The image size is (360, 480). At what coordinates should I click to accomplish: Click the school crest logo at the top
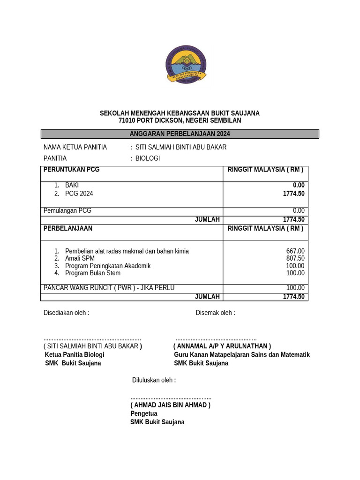point(186,65)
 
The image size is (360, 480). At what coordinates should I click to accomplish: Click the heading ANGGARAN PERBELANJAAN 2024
point(180,134)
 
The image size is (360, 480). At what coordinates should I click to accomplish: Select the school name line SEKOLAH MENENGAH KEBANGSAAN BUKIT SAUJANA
point(180,113)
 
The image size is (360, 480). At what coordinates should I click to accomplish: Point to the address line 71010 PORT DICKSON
point(180,120)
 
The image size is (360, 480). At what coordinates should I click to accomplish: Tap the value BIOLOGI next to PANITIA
point(148,158)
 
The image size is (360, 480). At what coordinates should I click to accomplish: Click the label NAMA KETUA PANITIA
point(75,147)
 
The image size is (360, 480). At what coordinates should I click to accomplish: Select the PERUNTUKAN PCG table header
point(71,170)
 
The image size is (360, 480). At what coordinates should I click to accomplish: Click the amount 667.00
point(295,251)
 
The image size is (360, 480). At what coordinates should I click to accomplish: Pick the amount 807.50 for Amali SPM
point(295,258)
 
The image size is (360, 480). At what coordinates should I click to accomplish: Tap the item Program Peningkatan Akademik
point(108,266)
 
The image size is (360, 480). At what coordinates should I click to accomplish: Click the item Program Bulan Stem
point(93,273)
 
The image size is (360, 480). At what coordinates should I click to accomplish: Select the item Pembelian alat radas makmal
point(127,251)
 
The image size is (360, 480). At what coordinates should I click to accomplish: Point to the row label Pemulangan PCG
point(67,211)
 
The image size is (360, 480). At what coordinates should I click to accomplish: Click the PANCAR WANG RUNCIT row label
point(109,288)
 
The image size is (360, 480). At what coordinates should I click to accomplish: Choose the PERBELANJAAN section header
point(68,229)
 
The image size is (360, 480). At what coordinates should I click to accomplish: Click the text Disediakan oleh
point(66,313)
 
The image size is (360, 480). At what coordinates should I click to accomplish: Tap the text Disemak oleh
point(215,313)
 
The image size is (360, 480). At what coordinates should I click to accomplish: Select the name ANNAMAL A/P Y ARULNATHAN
point(222,346)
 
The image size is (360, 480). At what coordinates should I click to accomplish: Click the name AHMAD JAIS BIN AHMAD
point(170,405)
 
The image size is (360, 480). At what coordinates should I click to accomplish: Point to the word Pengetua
point(144,413)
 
